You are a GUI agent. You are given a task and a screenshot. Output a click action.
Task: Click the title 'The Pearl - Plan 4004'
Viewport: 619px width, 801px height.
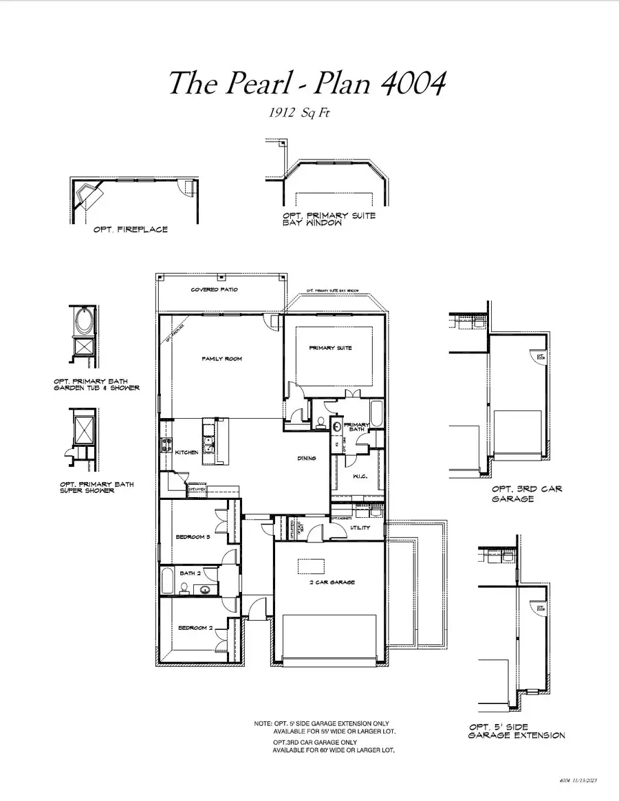[x=307, y=84]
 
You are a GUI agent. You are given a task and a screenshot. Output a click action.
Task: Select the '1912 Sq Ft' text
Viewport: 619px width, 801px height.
[x=298, y=113]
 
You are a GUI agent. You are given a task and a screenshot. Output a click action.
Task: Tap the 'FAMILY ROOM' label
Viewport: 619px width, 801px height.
[x=221, y=359]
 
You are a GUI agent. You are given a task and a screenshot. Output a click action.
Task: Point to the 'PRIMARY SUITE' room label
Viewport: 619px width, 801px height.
[x=330, y=348]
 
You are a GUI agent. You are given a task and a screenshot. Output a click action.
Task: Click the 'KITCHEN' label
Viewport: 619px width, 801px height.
[x=186, y=452]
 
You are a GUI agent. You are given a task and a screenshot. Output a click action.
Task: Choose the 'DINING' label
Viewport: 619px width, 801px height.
[x=307, y=459]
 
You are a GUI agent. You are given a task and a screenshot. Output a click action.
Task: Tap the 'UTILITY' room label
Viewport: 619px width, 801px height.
[x=360, y=527]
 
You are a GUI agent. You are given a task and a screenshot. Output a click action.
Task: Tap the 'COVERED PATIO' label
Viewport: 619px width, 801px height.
[x=215, y=290]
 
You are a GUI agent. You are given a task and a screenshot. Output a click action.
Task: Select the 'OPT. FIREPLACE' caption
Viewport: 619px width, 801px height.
[x=131, y=229]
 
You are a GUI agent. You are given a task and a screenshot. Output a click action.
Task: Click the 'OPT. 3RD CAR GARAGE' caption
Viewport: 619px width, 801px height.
[x=526, y=494]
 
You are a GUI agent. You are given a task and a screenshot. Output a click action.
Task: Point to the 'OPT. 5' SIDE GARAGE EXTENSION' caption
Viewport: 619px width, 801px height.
[x=517, y=731]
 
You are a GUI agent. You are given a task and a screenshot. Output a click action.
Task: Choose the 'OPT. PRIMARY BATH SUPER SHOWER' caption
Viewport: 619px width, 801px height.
[x=97, y=487]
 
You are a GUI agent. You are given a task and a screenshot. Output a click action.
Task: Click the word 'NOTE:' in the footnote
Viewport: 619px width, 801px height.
[x=263, y=724]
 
